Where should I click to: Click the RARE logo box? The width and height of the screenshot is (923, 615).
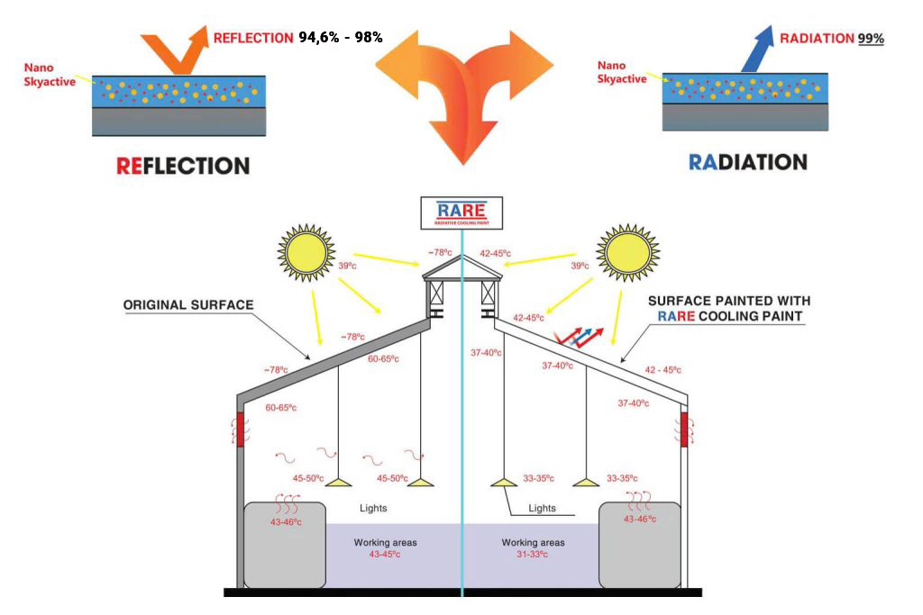click(461, 213)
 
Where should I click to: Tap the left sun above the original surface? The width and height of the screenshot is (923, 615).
click(306, 253)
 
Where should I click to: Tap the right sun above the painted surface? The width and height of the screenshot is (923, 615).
click(627, 253)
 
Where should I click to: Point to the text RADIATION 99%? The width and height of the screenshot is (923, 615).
click(832, 39)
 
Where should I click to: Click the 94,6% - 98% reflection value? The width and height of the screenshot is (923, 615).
click(340, 38)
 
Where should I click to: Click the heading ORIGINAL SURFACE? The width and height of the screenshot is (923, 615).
click(188, 304)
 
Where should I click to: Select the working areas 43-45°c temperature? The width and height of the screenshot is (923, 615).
click(385, 554)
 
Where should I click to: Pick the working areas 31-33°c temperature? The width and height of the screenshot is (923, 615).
click(532, 554)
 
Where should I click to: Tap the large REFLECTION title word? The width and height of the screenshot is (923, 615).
click(183, 166)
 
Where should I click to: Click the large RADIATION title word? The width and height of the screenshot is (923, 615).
click(747, 162)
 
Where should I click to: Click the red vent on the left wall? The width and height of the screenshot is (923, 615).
click(240, 430)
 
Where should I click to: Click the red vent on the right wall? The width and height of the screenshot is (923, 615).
click(684, 430)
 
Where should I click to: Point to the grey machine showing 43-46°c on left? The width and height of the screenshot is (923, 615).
click(285, 545)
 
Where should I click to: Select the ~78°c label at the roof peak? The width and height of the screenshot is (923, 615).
click(440, 252)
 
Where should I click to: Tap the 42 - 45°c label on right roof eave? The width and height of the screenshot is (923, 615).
click(663, 370)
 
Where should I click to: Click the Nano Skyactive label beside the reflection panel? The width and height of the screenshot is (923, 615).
click(50, 75)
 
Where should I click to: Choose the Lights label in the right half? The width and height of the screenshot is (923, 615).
click(542, 508)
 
